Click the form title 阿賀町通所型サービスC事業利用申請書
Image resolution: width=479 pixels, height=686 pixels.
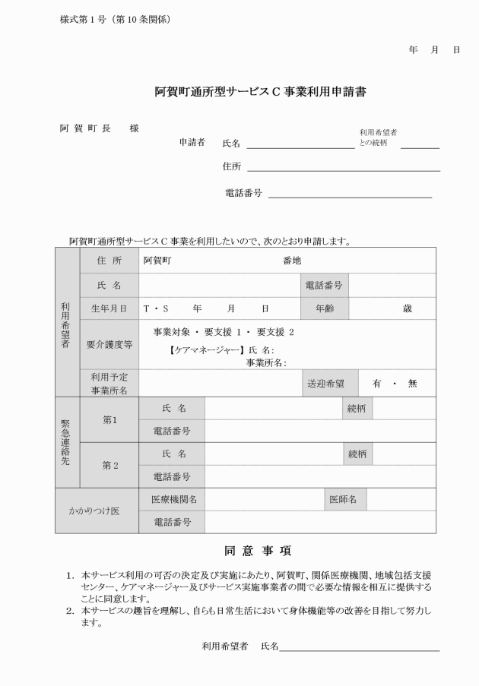click(x=260, y=93)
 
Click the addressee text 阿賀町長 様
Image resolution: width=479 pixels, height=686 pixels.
click(x=100, y=128)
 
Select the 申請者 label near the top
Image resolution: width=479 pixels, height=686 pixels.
click(x=192, y=142)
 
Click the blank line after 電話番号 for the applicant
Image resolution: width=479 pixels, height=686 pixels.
click(x=350, y=194)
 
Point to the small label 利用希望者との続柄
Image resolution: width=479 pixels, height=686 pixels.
click(x=378, y=137)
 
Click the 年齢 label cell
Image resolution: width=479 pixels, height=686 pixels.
click(x=324, y=309)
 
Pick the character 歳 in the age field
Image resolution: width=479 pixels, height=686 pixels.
click(x=408, y=309)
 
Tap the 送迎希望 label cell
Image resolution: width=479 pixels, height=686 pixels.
click(x=324, y=384)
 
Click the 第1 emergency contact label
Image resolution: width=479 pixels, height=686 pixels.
click(x=109, y=419)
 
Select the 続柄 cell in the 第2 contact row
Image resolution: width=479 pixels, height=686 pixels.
click(x=357, y=454)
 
